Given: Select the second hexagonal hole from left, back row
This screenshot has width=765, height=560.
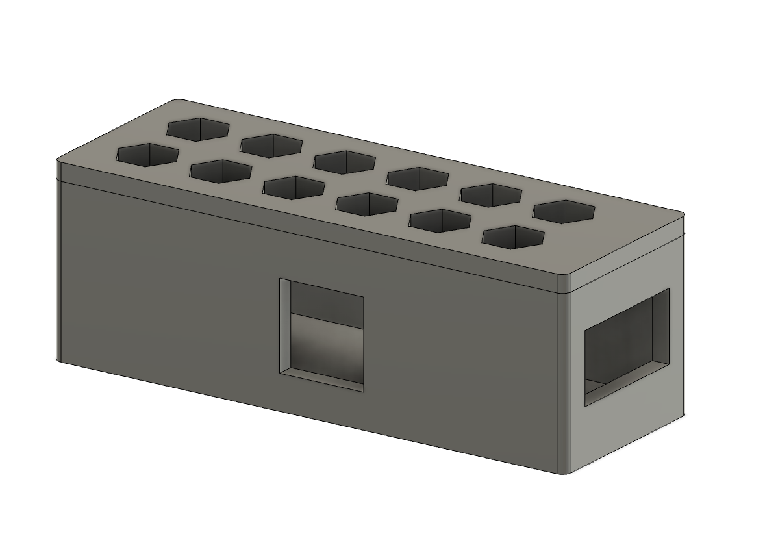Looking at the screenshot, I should (271, 145).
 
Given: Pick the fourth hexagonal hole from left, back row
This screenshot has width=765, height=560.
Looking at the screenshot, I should (418, 178).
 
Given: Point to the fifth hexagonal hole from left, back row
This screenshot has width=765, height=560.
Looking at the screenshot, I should (492, 194).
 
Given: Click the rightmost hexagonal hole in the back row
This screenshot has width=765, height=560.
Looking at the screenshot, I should (564, 211).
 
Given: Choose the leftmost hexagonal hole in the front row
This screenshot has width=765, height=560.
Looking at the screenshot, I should (147, 155).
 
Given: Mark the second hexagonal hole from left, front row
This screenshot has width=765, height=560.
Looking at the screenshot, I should (221, 171).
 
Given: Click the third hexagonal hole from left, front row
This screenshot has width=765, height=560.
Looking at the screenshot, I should (294, 187).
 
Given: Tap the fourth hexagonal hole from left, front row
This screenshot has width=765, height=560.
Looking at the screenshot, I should (368, 204).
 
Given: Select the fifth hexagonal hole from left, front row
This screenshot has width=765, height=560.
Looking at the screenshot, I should (441, 220).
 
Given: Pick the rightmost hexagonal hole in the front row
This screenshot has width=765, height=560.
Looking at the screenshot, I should (514, 236).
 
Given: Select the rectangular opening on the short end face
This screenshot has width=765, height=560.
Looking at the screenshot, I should (626, 347).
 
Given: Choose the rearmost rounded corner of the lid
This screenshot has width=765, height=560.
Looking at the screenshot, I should (179, 101).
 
